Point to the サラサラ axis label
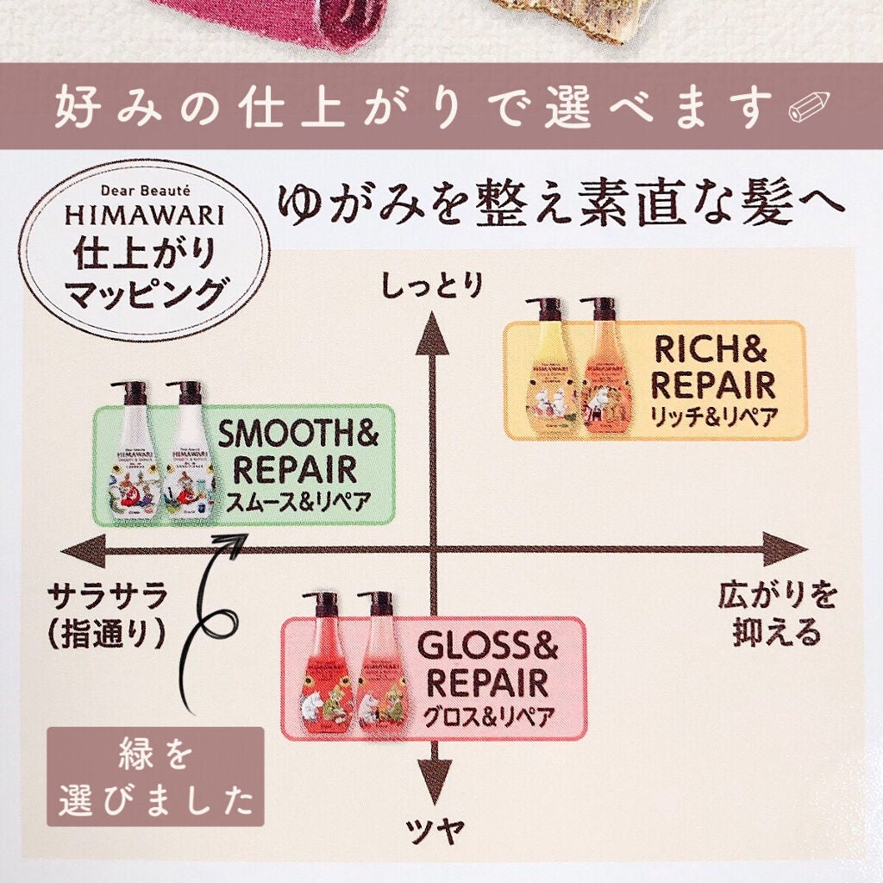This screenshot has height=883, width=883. pyautogui.click(x=107, y=596)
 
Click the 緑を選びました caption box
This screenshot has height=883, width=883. pyautogui.click(x=155, y=777)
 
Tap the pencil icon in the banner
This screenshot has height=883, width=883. pyautogui.click(x=807, y=108)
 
